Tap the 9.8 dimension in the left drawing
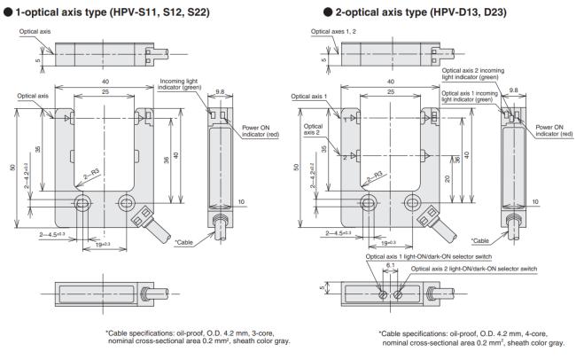tap(220, 89)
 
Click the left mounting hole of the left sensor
tap(83, 207)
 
